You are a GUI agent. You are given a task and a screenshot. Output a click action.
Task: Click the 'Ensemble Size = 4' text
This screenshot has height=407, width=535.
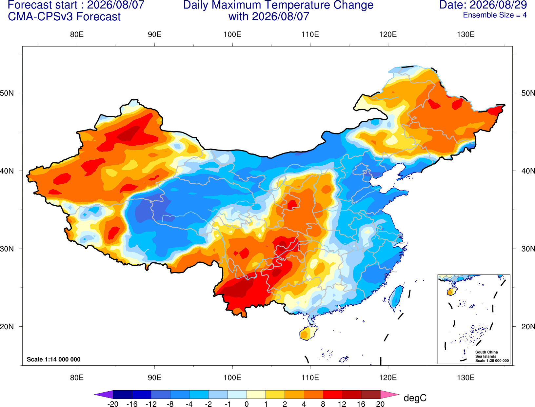[x=495, y=15]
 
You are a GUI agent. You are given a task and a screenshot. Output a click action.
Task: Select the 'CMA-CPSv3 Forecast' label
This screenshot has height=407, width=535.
[x=64, y=17]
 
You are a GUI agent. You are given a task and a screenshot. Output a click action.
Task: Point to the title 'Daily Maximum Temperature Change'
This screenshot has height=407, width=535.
[x=278, y=5]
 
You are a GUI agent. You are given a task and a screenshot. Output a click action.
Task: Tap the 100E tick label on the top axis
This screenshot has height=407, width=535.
[x=232, y=34]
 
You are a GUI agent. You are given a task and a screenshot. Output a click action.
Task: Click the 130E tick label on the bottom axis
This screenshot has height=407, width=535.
[x=466, y=378]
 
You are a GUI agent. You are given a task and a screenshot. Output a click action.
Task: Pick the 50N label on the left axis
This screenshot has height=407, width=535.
[x=7, y=93]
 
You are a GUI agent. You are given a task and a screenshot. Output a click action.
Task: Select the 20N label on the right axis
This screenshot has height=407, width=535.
[x=528, y=327]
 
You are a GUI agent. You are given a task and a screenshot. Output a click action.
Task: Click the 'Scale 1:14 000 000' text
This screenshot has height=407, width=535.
[x=54, y=359]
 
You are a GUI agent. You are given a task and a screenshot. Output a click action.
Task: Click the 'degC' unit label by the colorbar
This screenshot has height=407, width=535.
[x=415, y=398]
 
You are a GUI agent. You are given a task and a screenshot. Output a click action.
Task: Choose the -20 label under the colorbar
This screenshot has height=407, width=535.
[x=113, y=404]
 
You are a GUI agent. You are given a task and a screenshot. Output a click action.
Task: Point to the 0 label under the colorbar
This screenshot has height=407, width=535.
[x=247, y=404]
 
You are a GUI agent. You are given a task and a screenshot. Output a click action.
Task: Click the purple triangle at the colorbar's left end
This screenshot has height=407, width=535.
[x=105, y=394]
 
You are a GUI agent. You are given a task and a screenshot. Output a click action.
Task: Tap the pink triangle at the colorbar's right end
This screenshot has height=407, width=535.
[x=389, y=394]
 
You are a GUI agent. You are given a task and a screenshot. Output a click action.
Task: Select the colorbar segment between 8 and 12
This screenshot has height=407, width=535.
[x=332, y=394]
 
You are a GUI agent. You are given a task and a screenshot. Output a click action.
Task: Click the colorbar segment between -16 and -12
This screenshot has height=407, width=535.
[x=141, y=394]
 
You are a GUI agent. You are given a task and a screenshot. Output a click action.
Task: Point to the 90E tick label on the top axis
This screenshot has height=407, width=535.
[x=154, y=34]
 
